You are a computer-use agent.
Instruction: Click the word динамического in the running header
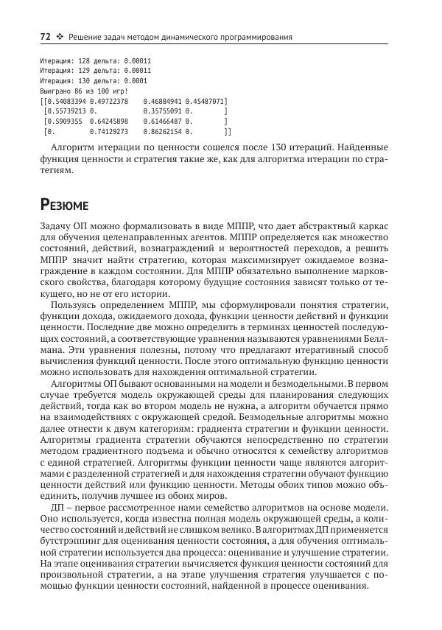click(x=192, y=37)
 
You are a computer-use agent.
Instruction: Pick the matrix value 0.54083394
click(x=66, y=100)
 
